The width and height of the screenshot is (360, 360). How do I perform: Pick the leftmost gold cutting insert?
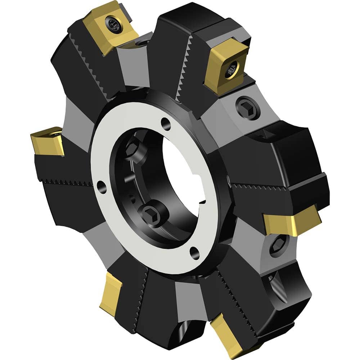[47, 141]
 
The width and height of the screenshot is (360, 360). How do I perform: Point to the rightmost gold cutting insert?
[292, 220]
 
